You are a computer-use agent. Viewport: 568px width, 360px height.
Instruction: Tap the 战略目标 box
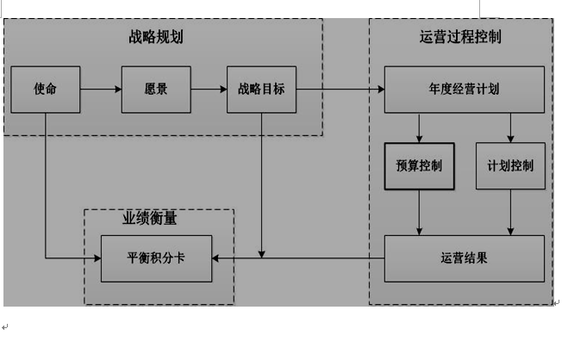(x=261, y=89)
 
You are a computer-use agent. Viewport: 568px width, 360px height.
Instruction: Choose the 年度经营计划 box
(x=464, y=89)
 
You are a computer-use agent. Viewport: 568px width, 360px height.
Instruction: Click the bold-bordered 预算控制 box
(x=419, y=165)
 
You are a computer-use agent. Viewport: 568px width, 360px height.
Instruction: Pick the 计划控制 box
(x=510, y=165)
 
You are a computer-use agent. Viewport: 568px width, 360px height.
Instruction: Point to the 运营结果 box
(x=464, y=258)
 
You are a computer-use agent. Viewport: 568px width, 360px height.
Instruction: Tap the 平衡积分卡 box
(x=156, y=258)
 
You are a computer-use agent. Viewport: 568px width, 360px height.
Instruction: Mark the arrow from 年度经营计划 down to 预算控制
(x=419, y=127)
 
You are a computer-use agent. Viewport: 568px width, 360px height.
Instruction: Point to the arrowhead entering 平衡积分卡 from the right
(x=216, y=258)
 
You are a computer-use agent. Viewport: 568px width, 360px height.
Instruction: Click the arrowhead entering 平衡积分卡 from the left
(x=97, y=258)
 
